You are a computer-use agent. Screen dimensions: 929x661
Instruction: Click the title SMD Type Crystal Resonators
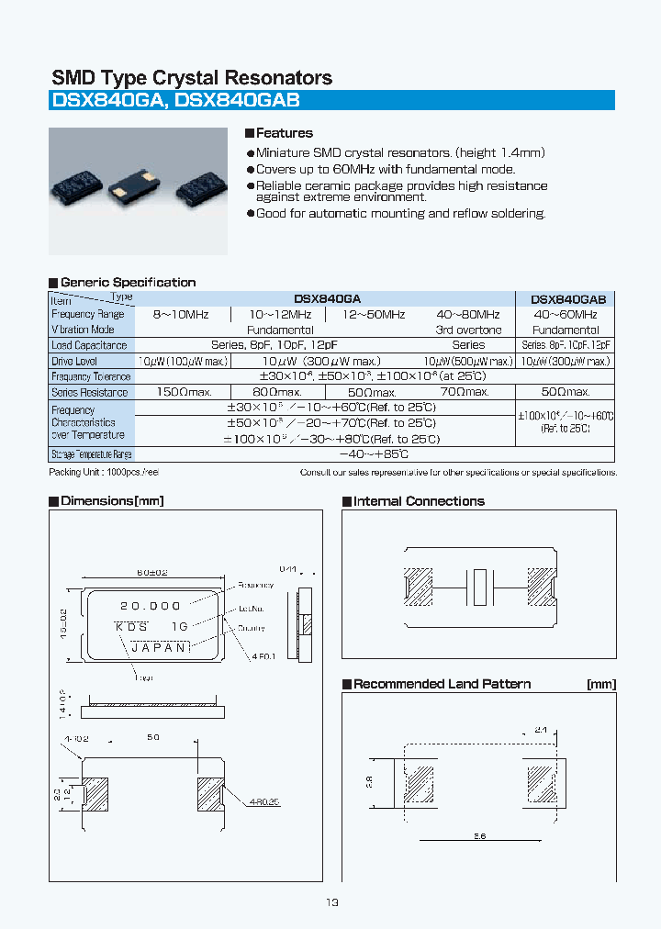(191, 78)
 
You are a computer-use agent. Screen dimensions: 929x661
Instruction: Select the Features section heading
(284, 133)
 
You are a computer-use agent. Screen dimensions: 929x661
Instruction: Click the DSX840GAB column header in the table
(568, 299)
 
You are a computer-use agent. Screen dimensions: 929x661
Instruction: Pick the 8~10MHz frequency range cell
(181, 315)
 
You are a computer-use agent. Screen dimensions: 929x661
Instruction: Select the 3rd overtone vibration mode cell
(468, 330)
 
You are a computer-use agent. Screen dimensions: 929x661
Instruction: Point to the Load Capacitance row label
(89, 345)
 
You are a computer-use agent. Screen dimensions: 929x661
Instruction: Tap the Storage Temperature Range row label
(91, 454)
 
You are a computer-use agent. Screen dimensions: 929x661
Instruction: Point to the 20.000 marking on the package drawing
(151, 606)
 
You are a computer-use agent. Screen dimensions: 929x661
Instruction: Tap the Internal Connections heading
(419, 501)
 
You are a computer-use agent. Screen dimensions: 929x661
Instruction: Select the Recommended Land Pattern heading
(442, 684)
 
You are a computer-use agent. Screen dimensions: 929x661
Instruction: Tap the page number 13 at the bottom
(331, 902)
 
